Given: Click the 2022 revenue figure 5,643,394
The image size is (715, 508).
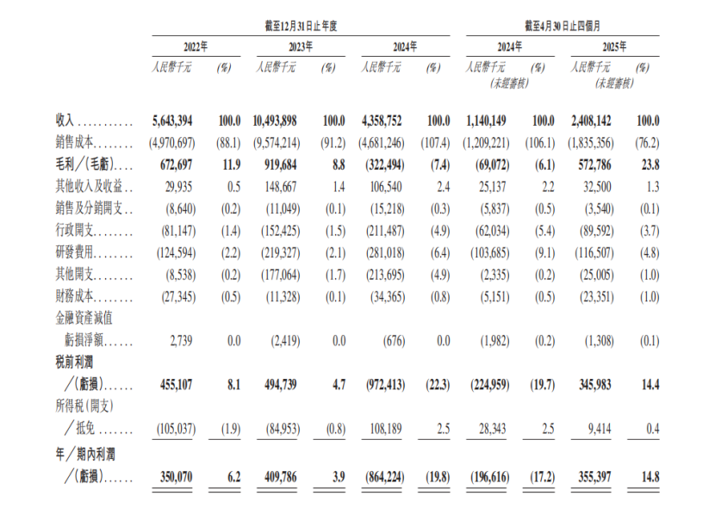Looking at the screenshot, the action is click(x=172, y=121).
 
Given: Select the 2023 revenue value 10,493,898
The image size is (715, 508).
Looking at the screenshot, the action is click(x=275, y=121).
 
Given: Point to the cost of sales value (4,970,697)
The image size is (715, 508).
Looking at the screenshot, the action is click(x=172, y=143).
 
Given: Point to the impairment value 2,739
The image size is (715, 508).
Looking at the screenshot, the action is click(x=181, y=341).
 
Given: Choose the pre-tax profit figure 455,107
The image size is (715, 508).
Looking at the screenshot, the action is click(x=176, y=385).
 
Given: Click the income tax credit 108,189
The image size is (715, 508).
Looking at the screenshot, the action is click(x=386, y=429).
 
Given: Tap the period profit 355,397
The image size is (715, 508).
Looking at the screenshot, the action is click(x=594, y=477).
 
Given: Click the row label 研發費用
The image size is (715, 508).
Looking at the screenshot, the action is click(x=74, y=252).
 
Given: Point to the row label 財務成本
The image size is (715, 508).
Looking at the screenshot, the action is click(x=74, y=296).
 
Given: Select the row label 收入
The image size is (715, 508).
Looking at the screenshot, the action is click(x=65, y=121).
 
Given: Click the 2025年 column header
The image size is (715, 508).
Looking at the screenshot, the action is click(x=614, y=46).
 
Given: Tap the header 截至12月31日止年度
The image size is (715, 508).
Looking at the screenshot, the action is click(x=301, y=26).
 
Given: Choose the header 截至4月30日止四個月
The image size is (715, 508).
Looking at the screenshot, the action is click(x=563, y=26).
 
